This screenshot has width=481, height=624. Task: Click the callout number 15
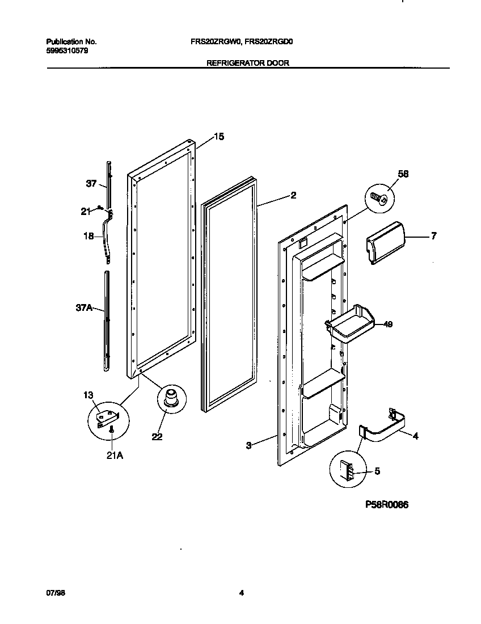[x=218, y=136]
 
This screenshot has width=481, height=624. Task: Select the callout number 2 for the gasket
[x=293, y=196]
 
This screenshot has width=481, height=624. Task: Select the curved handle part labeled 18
[x=107, y=238]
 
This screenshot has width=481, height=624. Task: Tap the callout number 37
[x=92, y=183]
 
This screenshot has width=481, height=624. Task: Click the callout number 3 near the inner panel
[x=248, y=446]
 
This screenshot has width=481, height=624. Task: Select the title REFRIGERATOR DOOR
[x=247, y=64]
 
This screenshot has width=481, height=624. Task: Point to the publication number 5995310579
[x=66, y=50]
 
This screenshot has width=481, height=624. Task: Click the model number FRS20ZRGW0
[x=216, y=41]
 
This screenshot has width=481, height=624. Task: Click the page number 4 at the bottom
[x=241, y=593]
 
